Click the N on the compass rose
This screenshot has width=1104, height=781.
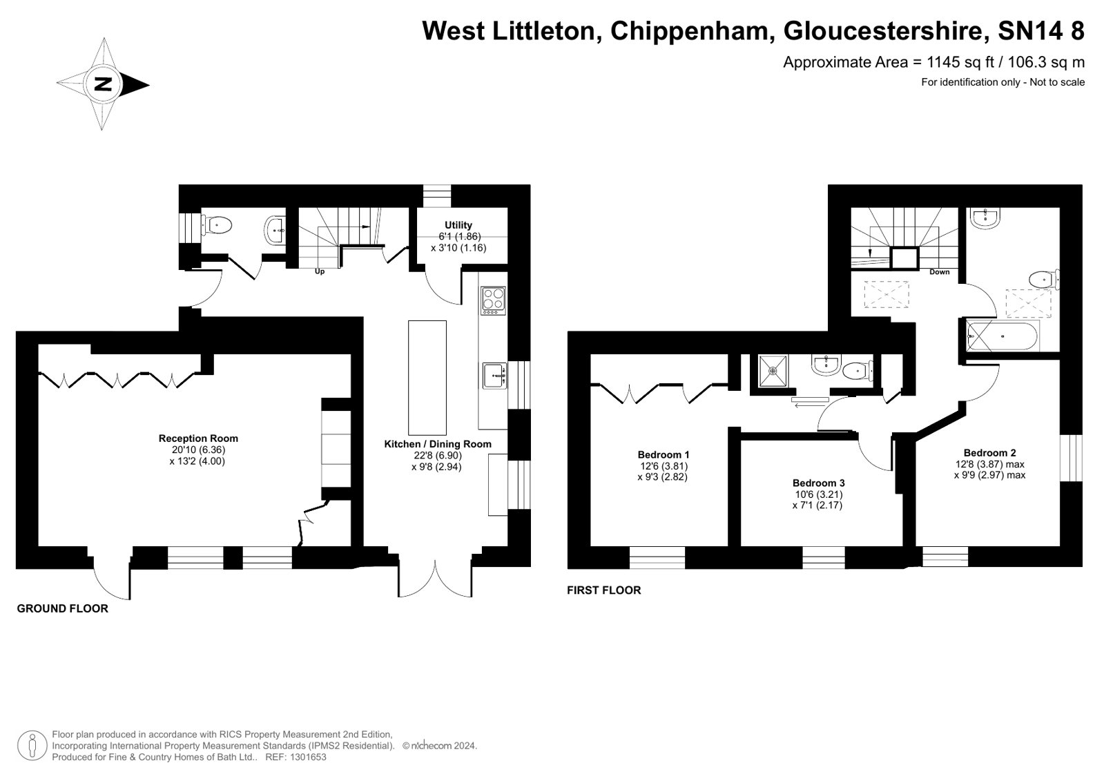[x=103, y=84]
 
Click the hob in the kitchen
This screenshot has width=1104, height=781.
[x=494, y=301]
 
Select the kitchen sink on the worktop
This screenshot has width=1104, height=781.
[x=494, y=376]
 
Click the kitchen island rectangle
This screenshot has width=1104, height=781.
[x=427, y=378]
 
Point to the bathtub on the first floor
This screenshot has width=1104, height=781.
[x=1002, y=336]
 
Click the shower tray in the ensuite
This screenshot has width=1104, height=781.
[x=773, y=371]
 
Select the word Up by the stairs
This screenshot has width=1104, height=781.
[x=320, y=271]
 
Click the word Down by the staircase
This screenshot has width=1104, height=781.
[x=940, y=271]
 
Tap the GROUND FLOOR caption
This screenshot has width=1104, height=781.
[x=63, y=608]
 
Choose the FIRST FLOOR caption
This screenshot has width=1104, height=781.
[x=603, y=590]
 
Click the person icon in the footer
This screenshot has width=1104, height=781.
[x=32, y=746]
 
